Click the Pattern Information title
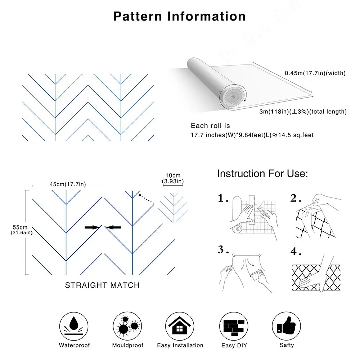pos(180,16)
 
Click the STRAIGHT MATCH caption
pos(102,285)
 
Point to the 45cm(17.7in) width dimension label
pos(68,184)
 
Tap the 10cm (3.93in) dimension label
pos(173,178)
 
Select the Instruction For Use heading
pos(262,174)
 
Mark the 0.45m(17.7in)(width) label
pos(315,73)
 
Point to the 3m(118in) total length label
pos(303,112)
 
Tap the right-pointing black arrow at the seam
pos(92,227)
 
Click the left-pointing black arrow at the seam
pos(114,227)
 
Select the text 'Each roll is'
pos(210,126)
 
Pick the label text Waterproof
pos(74,345)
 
